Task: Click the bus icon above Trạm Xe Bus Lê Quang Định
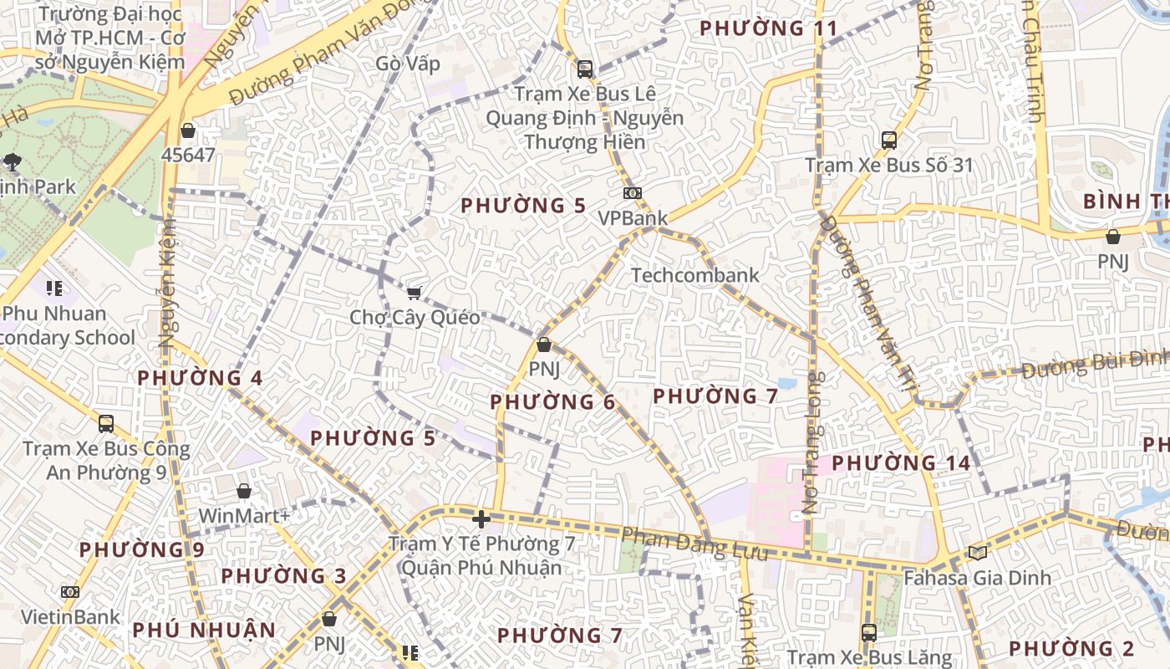point(585,69)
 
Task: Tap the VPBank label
point(633,218)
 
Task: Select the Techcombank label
point(694,275)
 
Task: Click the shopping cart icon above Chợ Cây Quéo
point(414,292)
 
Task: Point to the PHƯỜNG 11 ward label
point(768,28)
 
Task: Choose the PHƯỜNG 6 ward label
point(552,402)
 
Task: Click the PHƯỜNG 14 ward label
point(901,462)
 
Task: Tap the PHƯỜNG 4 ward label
point(200,378)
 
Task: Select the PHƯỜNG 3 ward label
point(283,576)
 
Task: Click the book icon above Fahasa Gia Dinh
point(977,553)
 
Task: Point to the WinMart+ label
point(244,515)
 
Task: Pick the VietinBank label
point(70,617)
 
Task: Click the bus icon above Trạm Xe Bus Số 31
point(889,140)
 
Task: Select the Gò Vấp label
point(407,64)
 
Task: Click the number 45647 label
point(188,155)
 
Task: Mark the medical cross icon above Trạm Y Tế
point(481,519)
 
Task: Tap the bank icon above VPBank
point(633,193)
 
